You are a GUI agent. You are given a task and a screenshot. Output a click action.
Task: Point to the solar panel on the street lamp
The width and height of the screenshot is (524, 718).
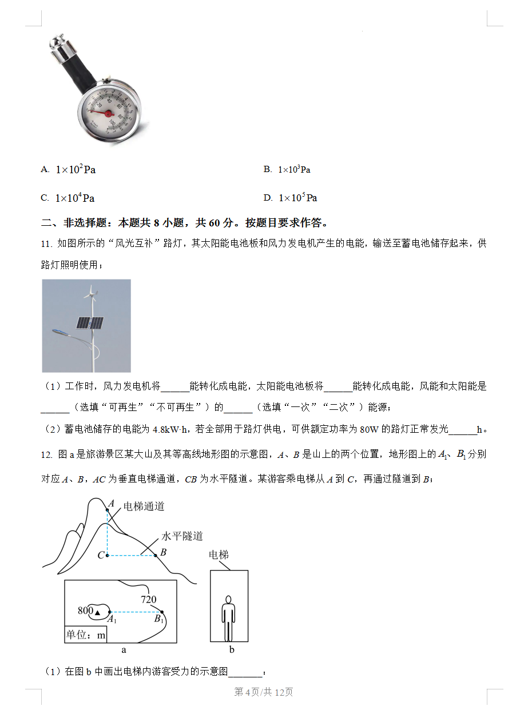pos(90,324)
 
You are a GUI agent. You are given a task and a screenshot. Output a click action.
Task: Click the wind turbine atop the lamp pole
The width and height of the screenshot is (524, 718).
pos(89,293)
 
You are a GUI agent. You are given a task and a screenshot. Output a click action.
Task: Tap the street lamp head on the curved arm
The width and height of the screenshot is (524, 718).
pos(59,331)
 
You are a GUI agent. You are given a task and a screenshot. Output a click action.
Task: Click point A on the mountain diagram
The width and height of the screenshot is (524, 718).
pos(107,509)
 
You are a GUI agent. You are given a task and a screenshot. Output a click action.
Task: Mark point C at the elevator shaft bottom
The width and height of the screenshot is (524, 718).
pos(106,555)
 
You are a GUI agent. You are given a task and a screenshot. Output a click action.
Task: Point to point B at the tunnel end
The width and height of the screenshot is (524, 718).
pos(155,555)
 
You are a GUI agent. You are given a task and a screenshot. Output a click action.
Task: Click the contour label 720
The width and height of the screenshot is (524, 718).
pos(149,600)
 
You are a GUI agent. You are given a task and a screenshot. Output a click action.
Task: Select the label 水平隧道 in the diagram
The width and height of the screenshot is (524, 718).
pos(182,536)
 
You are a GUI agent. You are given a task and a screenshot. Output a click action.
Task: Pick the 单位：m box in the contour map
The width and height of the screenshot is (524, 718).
pos(86,635)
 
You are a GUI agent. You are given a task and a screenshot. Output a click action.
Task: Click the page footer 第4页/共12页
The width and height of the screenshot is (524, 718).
pos(264,692)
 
